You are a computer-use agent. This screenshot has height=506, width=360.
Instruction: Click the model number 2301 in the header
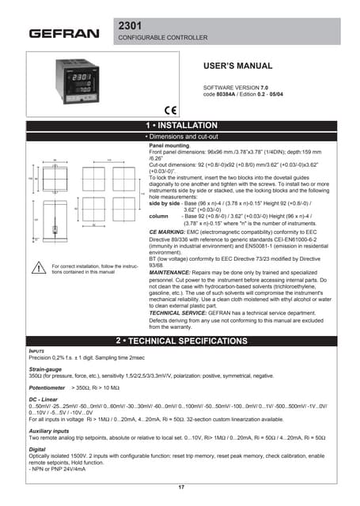(132, 26)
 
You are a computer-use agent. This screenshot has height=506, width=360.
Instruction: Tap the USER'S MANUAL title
(238, 66)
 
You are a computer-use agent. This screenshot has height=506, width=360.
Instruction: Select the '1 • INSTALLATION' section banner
(181, 126)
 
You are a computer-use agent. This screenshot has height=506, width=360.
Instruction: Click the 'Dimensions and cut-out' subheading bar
(181, 137)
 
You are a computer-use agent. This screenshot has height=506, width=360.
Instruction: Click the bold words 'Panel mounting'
(169, 147)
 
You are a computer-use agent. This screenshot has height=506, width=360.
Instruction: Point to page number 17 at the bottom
(181, 487)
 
